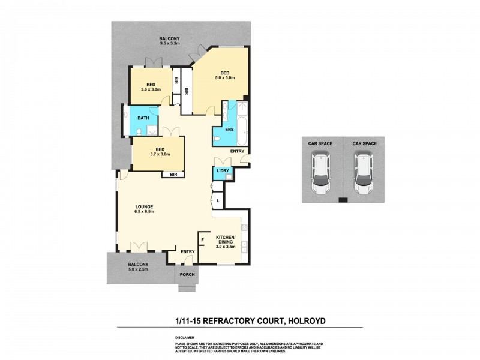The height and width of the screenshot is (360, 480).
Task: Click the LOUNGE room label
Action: pos(145,206)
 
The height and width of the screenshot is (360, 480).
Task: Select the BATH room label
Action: pos(143,118)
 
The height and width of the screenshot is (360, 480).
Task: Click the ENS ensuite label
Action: pos(229,129)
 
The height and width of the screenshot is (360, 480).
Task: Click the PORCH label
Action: pos(187,277)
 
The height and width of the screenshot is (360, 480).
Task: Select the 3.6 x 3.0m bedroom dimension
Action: pos(150,89)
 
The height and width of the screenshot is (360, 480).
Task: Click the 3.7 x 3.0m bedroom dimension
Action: pos(160,154)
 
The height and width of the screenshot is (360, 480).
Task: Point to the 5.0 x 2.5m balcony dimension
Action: pos(138,269)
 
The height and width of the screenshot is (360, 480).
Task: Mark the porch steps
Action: pos(187,287)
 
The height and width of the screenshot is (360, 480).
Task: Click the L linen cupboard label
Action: pos(218,200)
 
